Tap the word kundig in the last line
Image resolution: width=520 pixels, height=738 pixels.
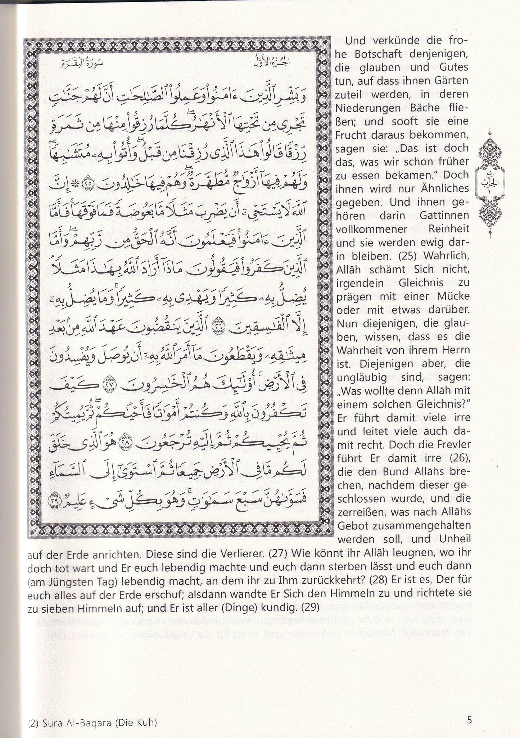tap(281, 606)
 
